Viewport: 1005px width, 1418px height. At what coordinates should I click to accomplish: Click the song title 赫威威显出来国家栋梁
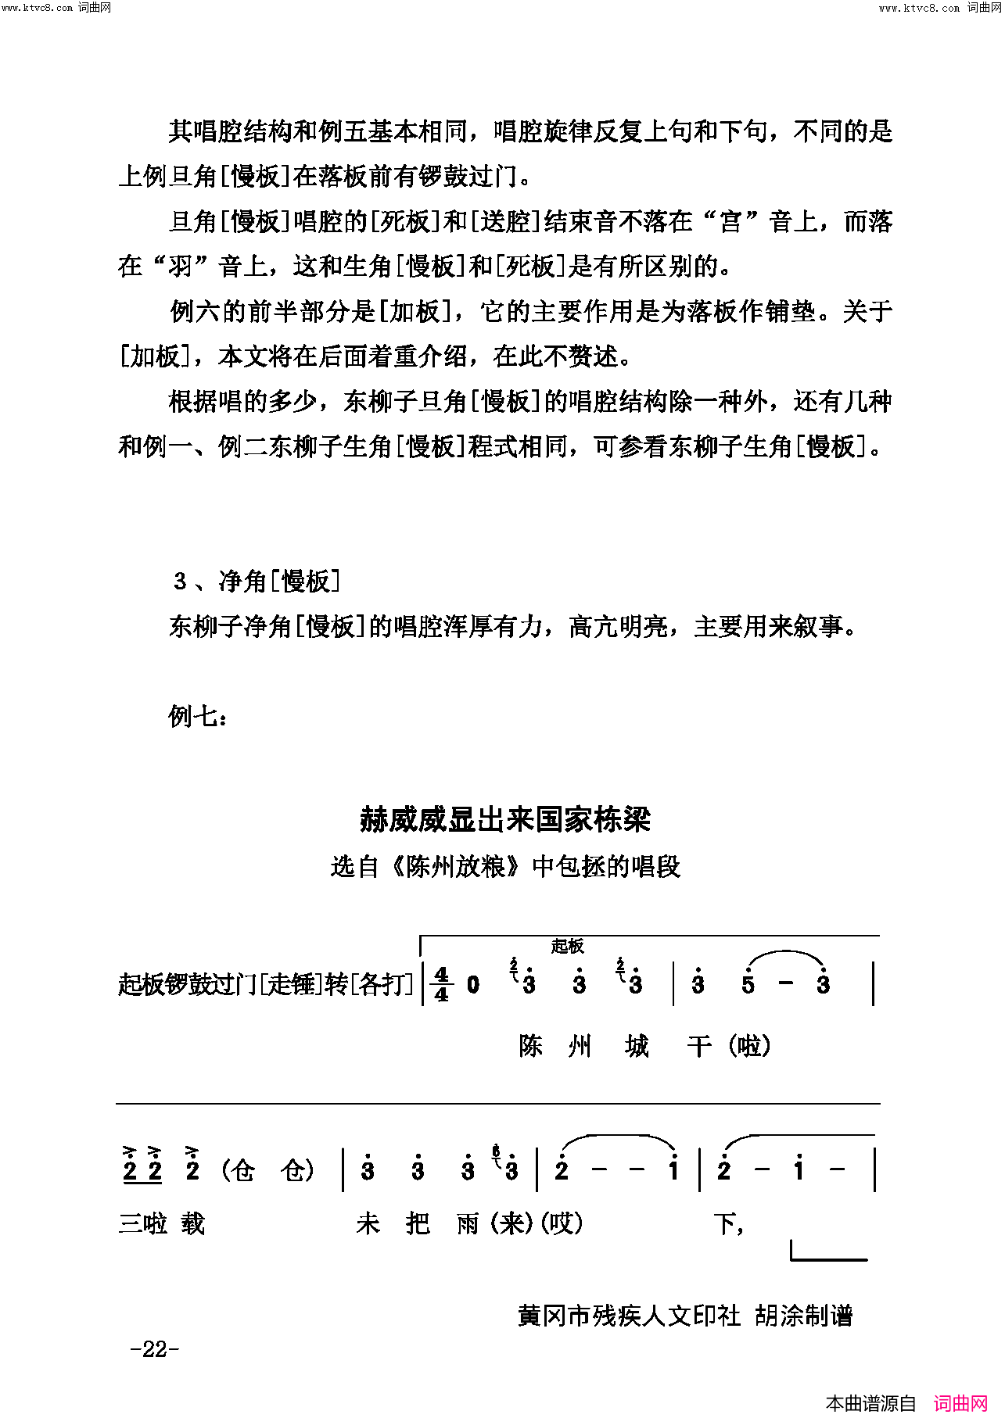505,819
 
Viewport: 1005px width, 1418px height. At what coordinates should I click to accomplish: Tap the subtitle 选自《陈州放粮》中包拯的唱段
505,866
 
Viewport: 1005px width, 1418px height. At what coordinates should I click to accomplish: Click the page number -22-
155,1348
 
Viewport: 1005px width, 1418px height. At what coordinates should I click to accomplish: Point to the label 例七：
198,715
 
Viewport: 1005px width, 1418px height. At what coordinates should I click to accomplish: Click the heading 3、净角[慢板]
257,581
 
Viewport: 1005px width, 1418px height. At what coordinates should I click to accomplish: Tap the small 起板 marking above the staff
567,947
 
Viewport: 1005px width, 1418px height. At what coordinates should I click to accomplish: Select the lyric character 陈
530,1046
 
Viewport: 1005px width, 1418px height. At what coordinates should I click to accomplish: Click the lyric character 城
637,1046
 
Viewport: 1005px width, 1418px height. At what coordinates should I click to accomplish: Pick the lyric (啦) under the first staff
749,1046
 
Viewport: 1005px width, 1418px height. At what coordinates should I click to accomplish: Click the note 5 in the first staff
748,985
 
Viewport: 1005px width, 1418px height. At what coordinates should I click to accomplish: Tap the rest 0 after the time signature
473,985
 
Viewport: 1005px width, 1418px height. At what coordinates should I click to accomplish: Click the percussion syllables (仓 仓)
268,1170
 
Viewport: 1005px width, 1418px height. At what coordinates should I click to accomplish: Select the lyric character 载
193,1223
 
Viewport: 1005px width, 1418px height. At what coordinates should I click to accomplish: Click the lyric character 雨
468,1223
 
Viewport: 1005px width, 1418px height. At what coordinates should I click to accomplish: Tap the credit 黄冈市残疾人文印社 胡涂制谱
685,1316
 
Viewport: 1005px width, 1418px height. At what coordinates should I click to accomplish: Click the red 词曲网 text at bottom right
961,1404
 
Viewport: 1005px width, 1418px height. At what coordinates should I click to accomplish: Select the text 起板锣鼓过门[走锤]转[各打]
265,984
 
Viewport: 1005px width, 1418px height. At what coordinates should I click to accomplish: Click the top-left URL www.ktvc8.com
37,8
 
